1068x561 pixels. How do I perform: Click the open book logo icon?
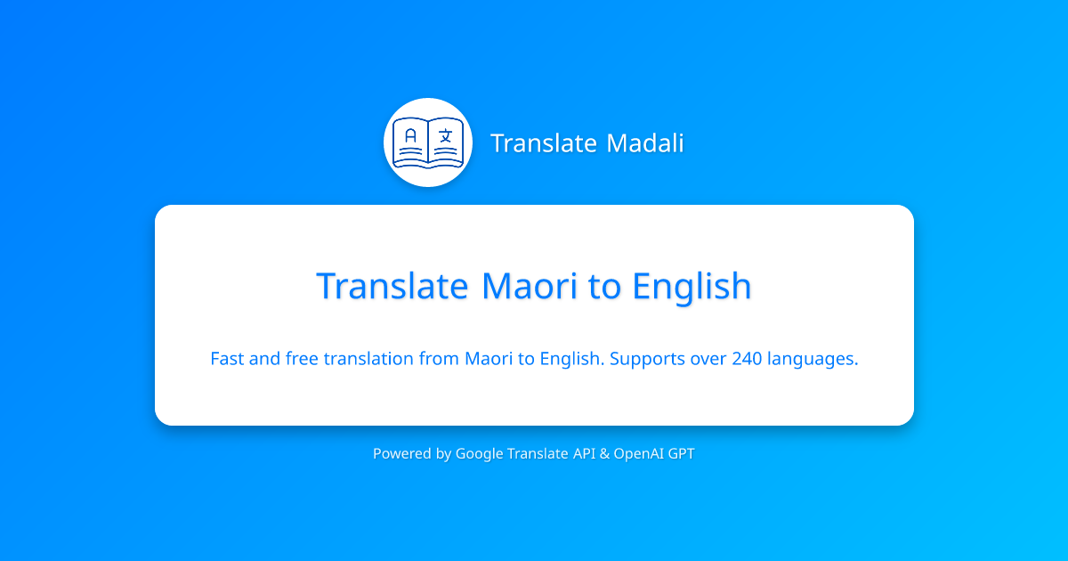(428, 142)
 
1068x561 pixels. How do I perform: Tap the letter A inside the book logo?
(410, 136)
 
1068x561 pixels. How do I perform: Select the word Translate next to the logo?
(541, 143)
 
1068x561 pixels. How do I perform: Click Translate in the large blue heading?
(392, 287)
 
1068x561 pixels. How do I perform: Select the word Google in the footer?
(479, 454)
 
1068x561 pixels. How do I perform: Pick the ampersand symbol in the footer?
(604, 454)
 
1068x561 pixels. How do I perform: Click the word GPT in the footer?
(681, 454)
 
